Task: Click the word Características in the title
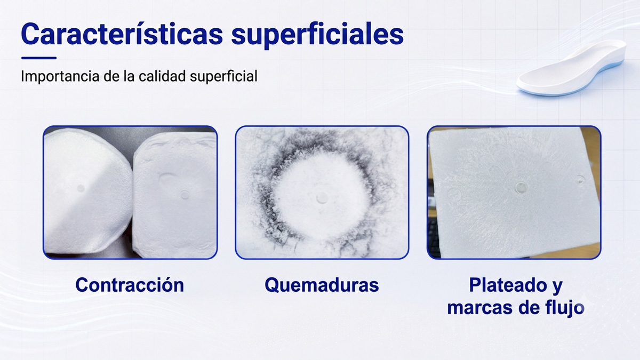[122, 34]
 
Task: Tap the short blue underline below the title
[39, 58]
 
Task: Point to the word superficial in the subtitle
[223, 77]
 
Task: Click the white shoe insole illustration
[571, 68]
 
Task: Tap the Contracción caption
[130, 285]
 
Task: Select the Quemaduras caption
[322, 285]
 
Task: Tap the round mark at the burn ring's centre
[322, 198]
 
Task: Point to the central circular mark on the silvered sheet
[521, 187]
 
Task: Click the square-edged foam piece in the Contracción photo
[175, 194]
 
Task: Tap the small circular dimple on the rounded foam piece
[81, 188]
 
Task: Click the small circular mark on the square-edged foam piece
[185, 195]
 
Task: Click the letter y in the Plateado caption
[557, 286]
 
